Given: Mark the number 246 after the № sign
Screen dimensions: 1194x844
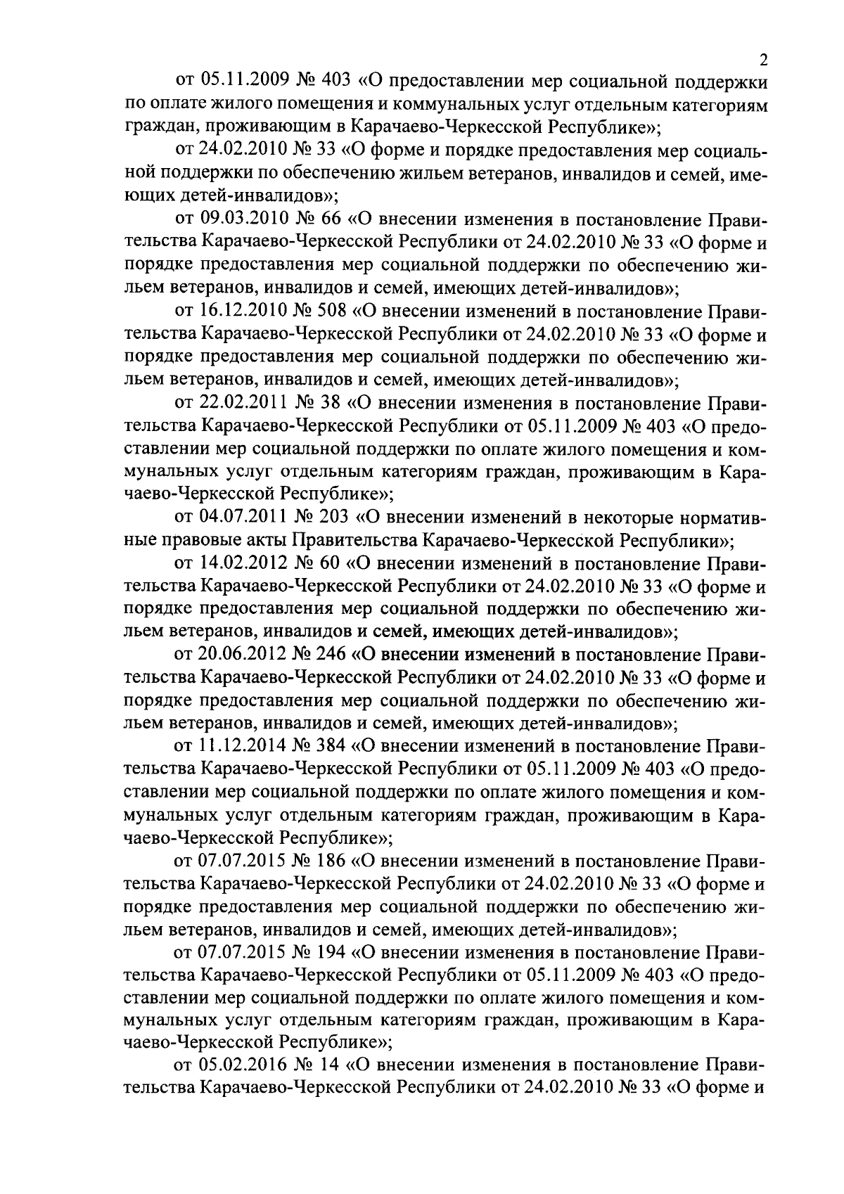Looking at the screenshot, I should [x=328, y=655].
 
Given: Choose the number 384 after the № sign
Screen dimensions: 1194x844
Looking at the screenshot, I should [x=328, y=747].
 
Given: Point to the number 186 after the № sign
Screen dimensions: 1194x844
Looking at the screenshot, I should [x=328, y=861].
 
